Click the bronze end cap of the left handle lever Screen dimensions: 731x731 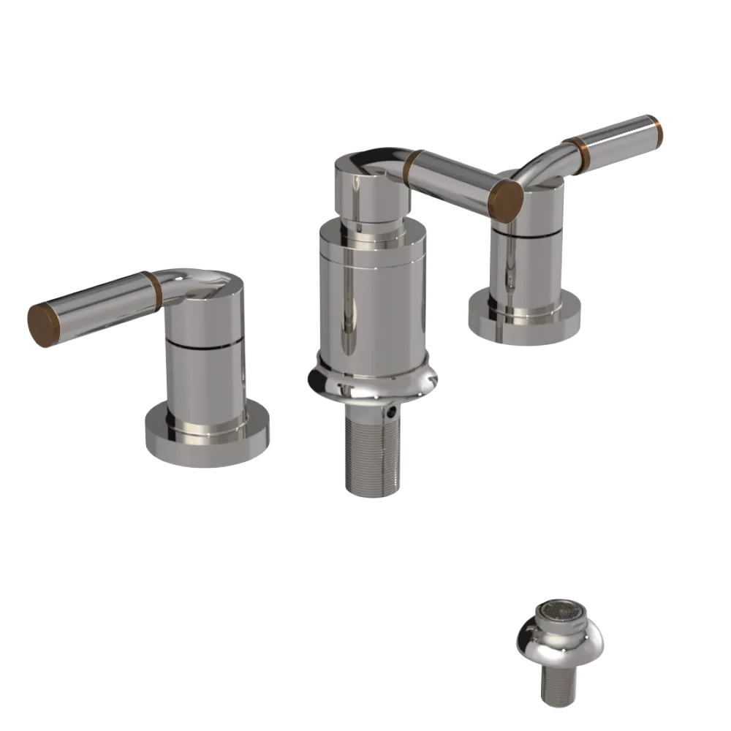[42, 325]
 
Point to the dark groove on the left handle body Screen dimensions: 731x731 [205, 342]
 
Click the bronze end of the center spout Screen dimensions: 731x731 [506, 197]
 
